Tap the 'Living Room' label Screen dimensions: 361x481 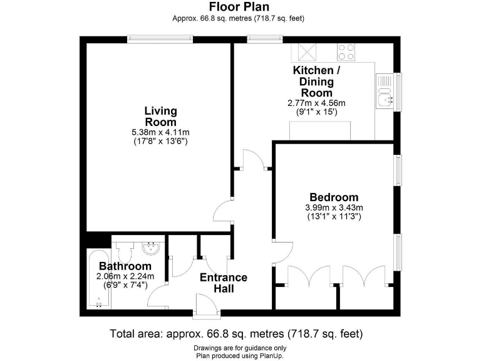pos(160,117)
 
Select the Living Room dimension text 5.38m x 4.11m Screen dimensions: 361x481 pos(160,132)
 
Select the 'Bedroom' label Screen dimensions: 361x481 pos(334,197)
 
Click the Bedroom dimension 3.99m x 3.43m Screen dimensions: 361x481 pos(334,207)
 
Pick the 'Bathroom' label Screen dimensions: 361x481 pos(124,266)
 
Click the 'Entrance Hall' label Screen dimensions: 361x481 pos(223,283)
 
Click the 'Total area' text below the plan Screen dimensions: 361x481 pos(236,333)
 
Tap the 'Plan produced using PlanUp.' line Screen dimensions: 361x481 pos(240,355)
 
